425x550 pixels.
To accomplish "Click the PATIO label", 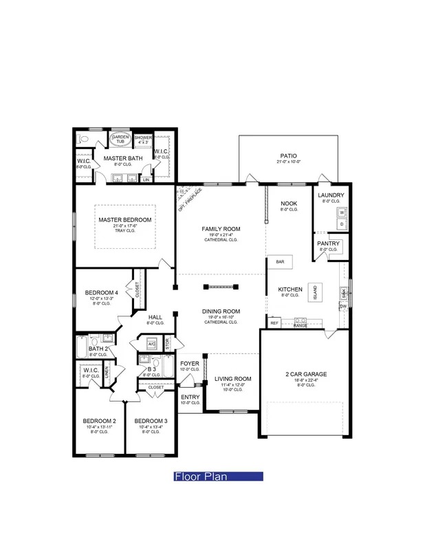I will [x=288, y=155].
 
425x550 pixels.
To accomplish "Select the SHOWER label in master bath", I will [x=142, y=137].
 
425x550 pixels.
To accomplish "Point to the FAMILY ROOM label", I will [x=220, y=228].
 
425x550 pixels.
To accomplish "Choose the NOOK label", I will [x=289, y=203].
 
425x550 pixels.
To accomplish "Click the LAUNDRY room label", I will [x=331, y=195].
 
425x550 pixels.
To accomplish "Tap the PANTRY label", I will [x=327, y=243].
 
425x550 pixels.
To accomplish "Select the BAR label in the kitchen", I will [x=281, y=262].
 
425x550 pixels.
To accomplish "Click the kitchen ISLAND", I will [x=316, y=291].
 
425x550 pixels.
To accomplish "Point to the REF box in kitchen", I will [x=274, y=322].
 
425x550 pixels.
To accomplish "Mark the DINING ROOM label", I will [x=220, y=311].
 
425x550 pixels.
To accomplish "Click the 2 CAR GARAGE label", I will [x=306, y=375].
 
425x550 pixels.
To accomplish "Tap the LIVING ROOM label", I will [x=232, y=379].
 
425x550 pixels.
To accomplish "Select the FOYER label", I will [x=190, y=363].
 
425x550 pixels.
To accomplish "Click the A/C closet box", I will [x=151, y=344].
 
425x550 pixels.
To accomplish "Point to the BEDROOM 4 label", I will [x=101, y=293].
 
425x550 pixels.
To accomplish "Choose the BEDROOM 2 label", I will [x=100, y=421].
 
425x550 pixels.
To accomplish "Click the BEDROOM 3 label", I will [x=151, y=421].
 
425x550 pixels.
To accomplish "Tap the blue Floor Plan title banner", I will [x=218, y=476].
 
